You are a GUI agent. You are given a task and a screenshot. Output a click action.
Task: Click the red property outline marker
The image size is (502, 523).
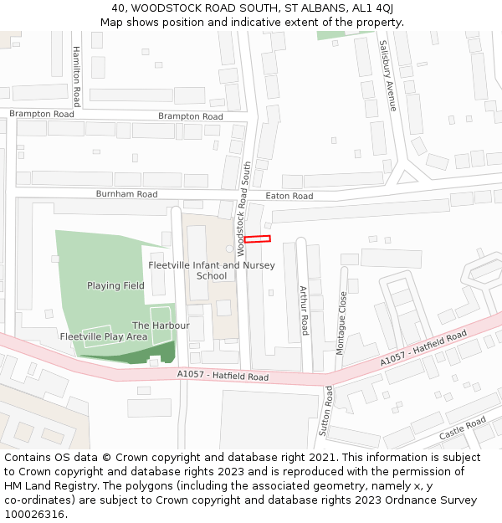click(257, 239)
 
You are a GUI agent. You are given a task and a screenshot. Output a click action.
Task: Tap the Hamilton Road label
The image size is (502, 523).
click(76, 75)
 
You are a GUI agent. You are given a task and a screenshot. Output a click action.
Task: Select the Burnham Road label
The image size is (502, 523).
click(126, 194)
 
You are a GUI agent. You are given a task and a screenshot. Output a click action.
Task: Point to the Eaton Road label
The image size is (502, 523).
click(289, 196)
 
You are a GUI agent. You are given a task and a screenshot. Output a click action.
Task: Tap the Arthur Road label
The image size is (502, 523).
click(305, 310)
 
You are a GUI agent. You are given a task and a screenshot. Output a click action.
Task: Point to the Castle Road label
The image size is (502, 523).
click(463, 428)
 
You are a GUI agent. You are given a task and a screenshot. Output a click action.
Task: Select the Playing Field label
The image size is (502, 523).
click(115, 285)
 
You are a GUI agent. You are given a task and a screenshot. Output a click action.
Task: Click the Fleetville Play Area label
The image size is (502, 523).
click(104, 336)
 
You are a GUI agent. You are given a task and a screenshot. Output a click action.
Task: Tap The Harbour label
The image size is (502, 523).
click(161, 326)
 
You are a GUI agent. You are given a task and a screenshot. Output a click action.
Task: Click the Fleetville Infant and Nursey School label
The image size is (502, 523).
click(206, 270)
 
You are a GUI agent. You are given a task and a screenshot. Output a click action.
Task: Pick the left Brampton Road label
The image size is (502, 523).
click(42, 113)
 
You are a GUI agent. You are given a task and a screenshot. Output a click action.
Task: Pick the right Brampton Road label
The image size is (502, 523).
click(191, 116)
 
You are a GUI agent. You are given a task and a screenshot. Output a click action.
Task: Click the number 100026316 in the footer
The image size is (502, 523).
click(33, 515)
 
